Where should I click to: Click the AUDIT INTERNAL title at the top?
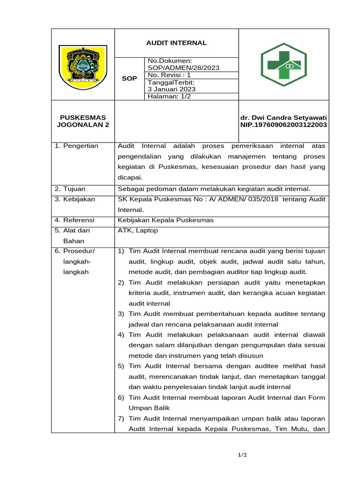pyautogui.click(x=177, y=43)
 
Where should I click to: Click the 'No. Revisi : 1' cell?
pyautogui.click(x=169, y=75)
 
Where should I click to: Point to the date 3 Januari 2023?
pyautogui.click(x=172, y=89)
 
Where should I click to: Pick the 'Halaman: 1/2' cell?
pyautogui.click(x=169, y=96)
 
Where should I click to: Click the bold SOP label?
pyautogui.click(x=129, y=78)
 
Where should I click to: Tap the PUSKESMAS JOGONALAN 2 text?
pyautogui.click(x=82, y=121)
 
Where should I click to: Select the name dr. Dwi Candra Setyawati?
pyautogui.click(x=283, y=117)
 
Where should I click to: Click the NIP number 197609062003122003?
pyautogui.click(x=283, y=125)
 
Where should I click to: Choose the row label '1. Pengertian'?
pyautogui.click(x=76, y=146)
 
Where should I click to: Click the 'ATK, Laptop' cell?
pyautogui.click(x=138, y=230)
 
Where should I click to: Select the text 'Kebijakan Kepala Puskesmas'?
pyautogui.click(x=165, y=220)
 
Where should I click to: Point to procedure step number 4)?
pyautogui.click(x=121, y=335)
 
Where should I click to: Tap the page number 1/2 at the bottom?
pyautogui.click(x=242, y=455)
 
